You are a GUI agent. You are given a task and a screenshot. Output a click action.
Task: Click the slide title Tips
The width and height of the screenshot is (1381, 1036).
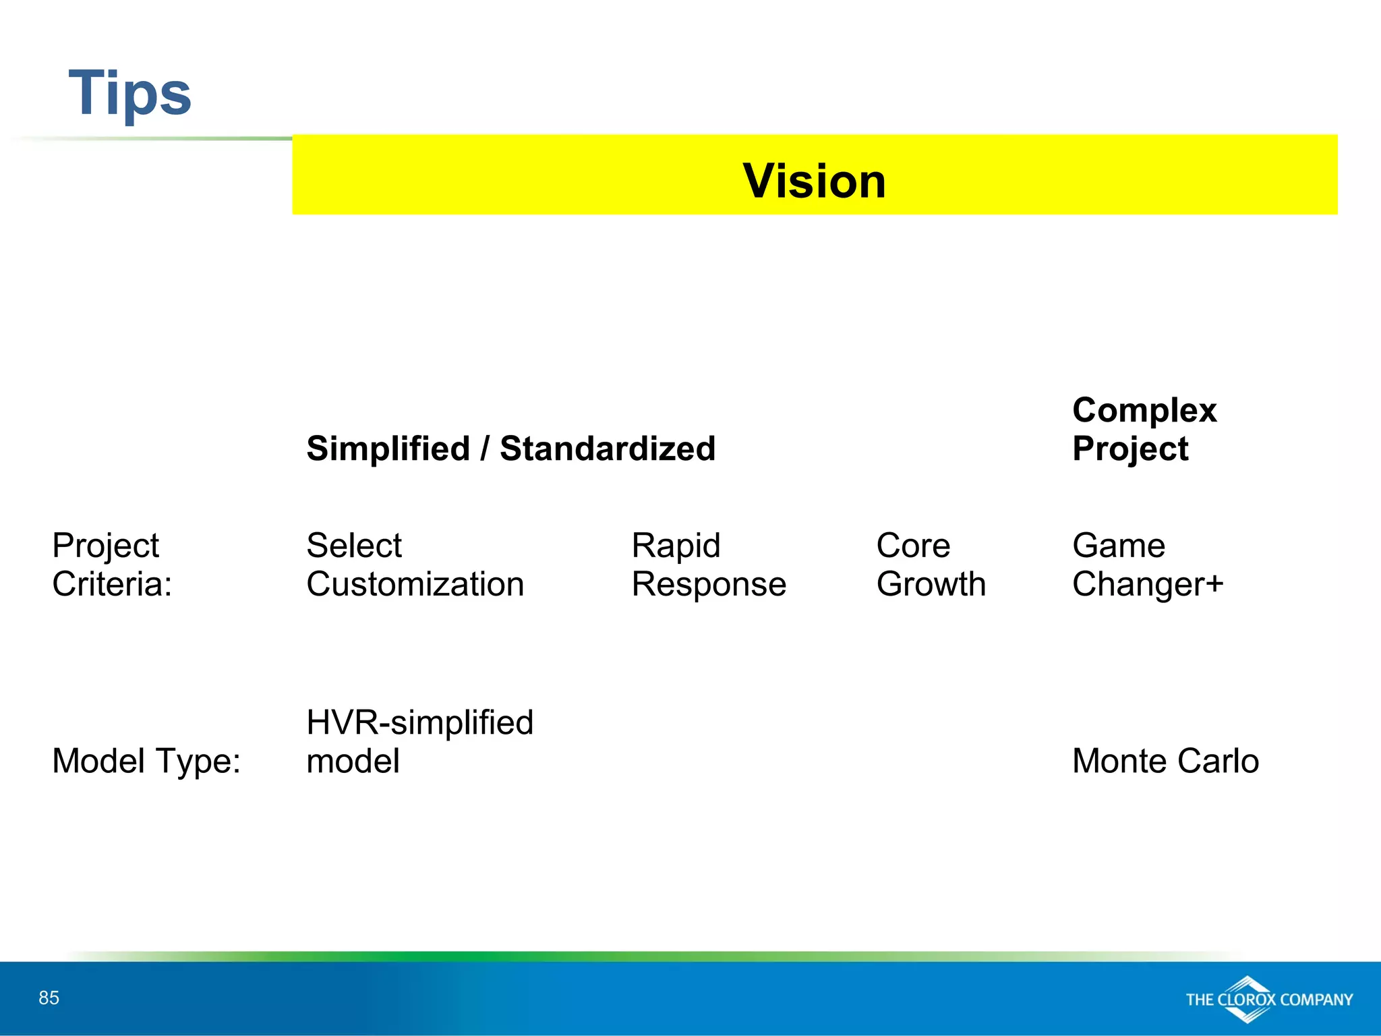(x=129, y=93)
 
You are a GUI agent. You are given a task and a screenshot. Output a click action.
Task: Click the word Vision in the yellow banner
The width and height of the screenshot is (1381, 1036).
(x=814, y=181)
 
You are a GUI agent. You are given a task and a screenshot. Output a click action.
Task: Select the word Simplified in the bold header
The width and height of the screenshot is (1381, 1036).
(x=388, y=449)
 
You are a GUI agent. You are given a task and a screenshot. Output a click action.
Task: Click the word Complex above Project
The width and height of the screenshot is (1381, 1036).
(x=1144, y=410)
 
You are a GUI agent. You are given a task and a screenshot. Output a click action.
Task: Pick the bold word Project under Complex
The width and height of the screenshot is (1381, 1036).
(x=1130, y=449)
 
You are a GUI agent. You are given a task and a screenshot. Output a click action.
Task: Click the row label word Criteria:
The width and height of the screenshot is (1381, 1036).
(x=112, y=584)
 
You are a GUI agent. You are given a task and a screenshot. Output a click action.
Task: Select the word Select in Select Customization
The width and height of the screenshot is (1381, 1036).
(x=353, y=545)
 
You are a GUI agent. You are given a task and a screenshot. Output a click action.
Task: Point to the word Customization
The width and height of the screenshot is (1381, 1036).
(x=415, y=584)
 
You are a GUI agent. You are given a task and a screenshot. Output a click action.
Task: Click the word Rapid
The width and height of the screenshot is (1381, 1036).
(x=676, y=545)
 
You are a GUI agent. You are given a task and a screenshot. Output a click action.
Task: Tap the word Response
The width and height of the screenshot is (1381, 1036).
(x=709, y=584)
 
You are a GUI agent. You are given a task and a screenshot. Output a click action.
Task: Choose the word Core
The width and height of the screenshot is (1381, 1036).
(x=913, y=545)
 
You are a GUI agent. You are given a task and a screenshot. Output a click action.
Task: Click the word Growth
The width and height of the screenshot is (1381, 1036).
(x=931, y=584)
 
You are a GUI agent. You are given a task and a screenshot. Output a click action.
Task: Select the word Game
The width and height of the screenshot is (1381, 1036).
(x=1119, y=545)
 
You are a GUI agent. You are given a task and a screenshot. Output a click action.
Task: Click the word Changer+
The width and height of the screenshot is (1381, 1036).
(x=1147, y=584)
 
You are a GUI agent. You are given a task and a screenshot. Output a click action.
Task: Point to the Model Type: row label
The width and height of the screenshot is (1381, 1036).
(x=146, y=761)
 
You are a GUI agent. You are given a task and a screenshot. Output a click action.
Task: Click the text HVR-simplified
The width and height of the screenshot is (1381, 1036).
(x=419, y=722)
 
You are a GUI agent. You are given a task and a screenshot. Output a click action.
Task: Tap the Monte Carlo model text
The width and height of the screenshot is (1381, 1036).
(x=1165, y=761)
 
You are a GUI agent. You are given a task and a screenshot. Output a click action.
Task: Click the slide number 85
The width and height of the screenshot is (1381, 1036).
(x=49, y=998)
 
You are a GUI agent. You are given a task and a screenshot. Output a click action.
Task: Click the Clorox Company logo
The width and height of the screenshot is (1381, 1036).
(x=1268, y=999)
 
